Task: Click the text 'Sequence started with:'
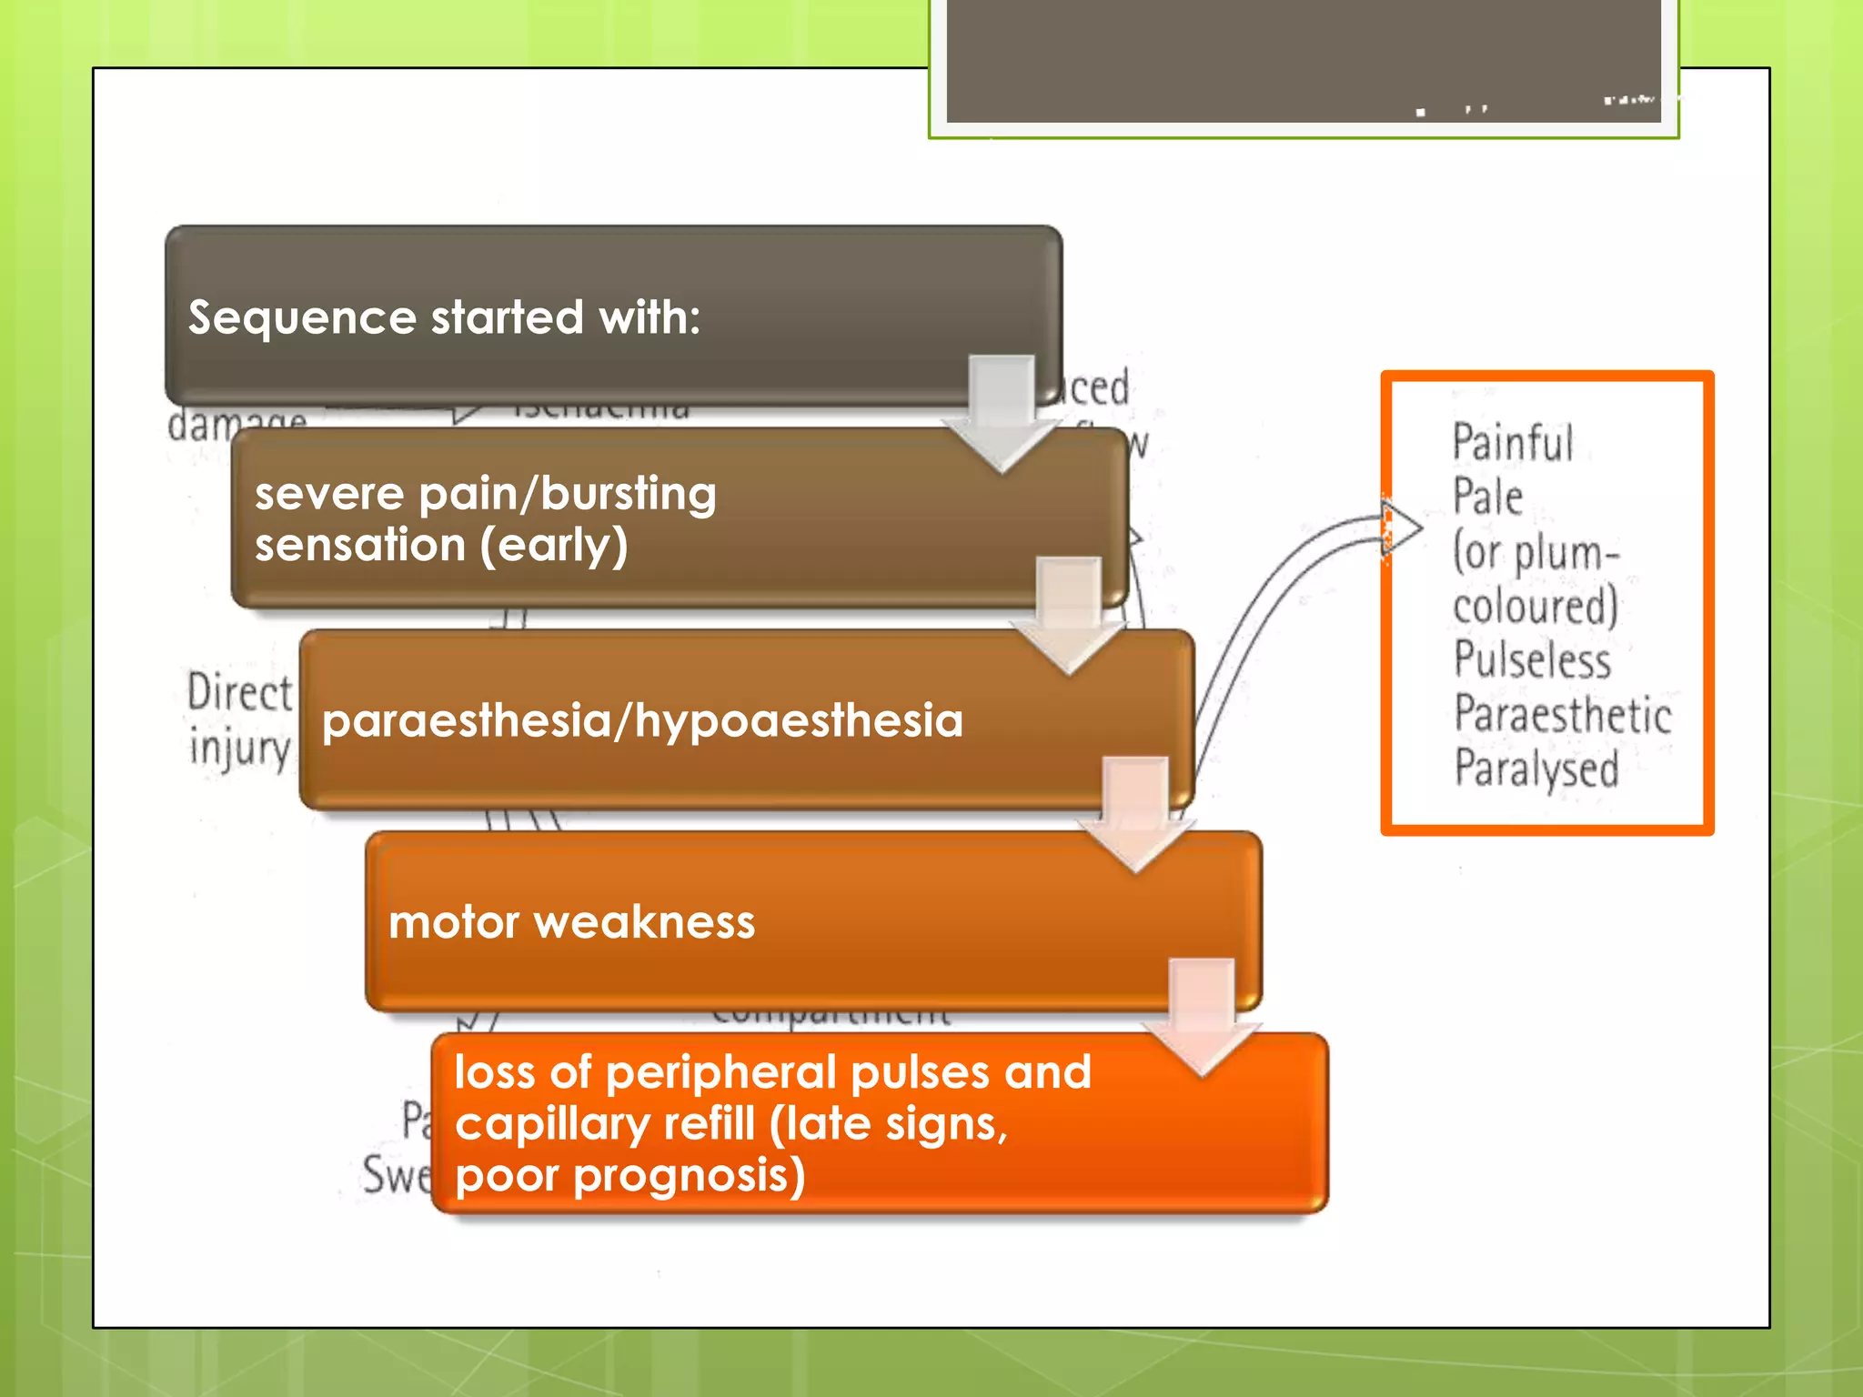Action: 444,317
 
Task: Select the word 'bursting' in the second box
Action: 628,494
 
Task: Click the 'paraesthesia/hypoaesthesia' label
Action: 642,720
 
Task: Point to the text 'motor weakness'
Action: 571,922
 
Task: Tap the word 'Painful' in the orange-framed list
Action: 1512,443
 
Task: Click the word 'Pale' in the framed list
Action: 1486,497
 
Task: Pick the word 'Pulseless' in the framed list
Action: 1532,659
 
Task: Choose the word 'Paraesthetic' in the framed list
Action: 1562,714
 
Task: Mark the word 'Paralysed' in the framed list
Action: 1536,769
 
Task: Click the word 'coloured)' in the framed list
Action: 1536,606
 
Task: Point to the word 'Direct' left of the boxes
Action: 239,693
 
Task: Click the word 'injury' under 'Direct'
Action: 239,748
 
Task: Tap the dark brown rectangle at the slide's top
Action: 1303,60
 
